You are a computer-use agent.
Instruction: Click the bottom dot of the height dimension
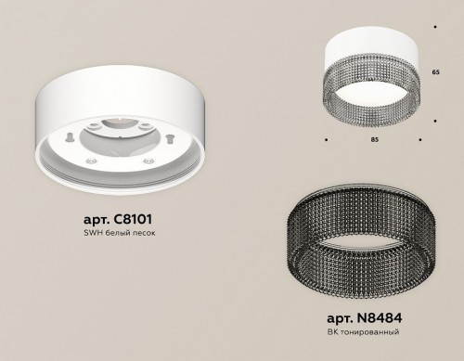pos(436,121)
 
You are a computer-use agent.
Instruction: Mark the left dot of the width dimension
pos(327,140)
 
